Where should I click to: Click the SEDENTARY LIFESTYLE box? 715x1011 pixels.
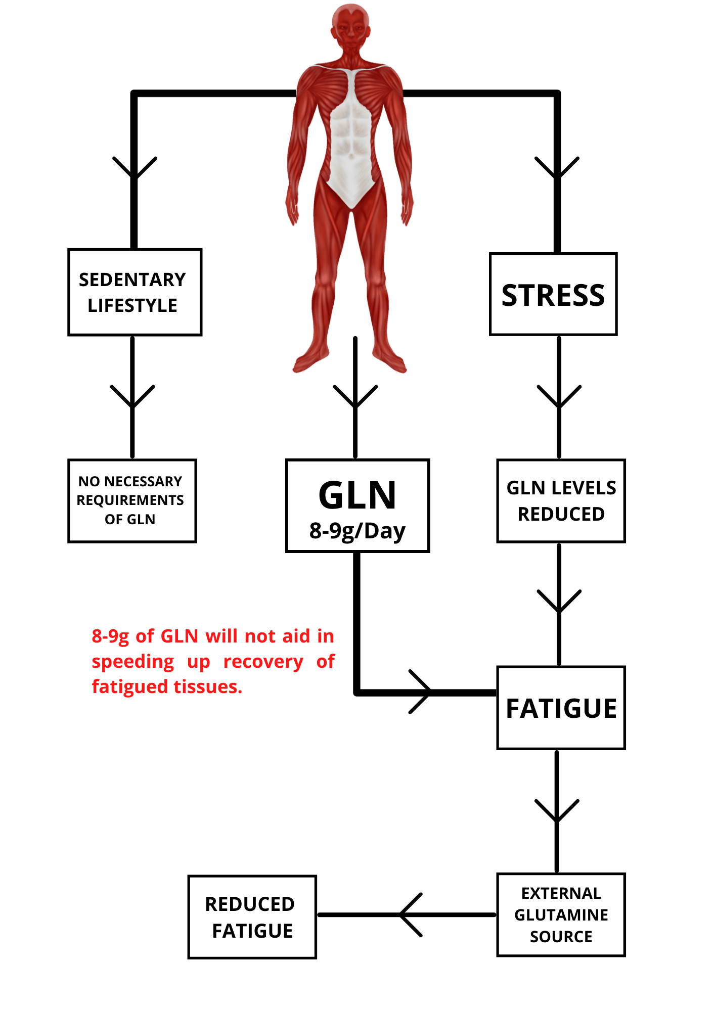tap(135, 292)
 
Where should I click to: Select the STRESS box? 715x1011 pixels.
tap(553, 294)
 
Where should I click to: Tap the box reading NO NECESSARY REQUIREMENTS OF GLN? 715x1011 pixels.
tap(131, 500)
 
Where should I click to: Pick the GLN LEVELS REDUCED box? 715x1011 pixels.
tap(561, 500)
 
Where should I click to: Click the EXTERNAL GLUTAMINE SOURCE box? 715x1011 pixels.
tap(561, 914)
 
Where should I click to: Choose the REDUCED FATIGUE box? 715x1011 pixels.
tap(252, 917)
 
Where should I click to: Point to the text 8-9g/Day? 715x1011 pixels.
tap(357, 531)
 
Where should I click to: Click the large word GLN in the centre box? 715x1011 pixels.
tap(357, 495)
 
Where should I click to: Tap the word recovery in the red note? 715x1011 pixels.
tap(263, 661)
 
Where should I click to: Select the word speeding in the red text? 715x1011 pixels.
tap(132, 661)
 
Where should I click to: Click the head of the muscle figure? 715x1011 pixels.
tap(350, 25)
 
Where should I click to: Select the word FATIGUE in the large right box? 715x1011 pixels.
tap(561, 708)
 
